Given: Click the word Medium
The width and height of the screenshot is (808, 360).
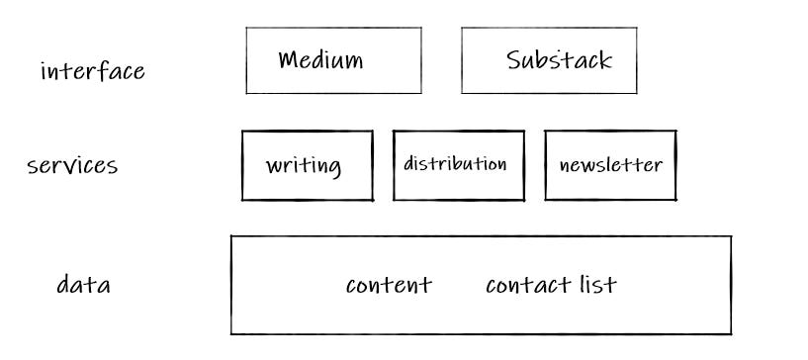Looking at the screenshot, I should (x=320, y=60).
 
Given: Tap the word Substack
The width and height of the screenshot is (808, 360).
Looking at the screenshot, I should (x=559, y=60).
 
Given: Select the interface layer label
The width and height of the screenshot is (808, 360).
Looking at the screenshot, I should (x=92, y=71).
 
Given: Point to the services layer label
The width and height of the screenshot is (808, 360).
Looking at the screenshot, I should (x=72, y=165).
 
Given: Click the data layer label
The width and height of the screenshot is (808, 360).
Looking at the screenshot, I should (x=83, y=286).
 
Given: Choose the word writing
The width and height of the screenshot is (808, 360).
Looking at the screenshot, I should (x=304, y=165).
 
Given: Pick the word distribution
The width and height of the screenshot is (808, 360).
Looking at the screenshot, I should (x=455, y=163).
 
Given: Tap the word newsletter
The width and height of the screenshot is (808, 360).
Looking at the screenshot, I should (x=610, y=164).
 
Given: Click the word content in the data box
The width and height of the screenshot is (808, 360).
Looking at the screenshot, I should (x=389, y=286).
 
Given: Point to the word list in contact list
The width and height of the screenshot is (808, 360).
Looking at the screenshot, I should (x=597, y=285).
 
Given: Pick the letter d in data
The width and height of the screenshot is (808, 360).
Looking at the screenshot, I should (x=62, y=286).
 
